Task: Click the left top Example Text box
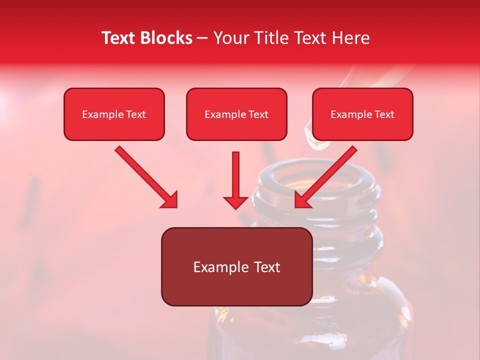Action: (114, 114)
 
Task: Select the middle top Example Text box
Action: (236, 114)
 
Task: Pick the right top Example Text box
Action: (362, 114)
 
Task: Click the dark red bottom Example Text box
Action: (236, 267)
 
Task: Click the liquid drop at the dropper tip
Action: (318, 144)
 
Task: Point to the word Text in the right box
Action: (384, 114)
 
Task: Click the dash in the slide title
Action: (202, 38)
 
